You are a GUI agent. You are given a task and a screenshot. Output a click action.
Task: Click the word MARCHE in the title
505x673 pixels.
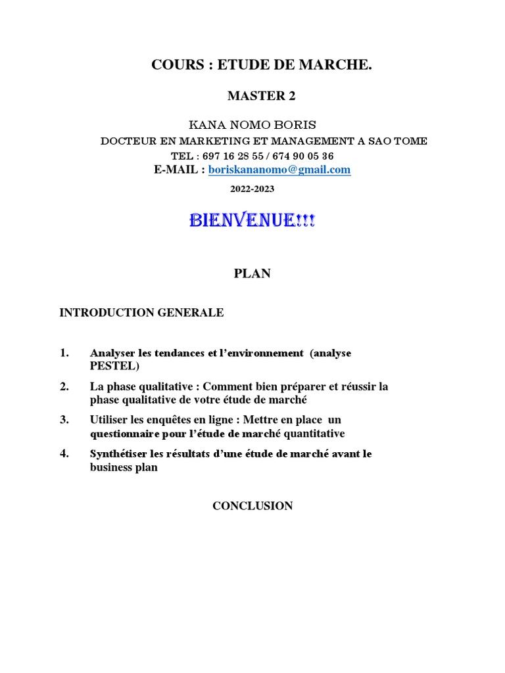pyautogui.click(x=341, y=65)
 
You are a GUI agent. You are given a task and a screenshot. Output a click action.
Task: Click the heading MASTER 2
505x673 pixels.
pyautogui.click(x=261, y=96)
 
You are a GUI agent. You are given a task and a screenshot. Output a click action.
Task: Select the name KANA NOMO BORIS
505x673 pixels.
pyautogui.click(x=252, y=125)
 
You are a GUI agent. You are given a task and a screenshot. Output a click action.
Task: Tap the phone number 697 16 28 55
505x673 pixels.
pyautogui.click(x=231, y=156)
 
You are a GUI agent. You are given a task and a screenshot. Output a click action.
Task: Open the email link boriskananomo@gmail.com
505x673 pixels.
pyautogui.click(x=279, y=170)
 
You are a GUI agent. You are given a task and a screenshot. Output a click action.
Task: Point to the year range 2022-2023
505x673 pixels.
pyautogui.click(x=252, y=189)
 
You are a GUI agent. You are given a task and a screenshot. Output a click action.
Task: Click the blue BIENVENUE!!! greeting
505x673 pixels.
pyautogui.click(x=252, y=221)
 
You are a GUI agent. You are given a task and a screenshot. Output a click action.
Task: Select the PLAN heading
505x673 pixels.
pyautogui.click(x=252, y=274)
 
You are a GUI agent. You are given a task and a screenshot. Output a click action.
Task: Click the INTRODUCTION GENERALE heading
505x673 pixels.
pyautogui.click(x=141, y=313)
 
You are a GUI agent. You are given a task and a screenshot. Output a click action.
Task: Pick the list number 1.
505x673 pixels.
pyautogui.click(x=64, y=353)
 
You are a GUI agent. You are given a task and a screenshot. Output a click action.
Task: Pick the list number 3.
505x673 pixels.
pyautogui.click(x=64, y=419)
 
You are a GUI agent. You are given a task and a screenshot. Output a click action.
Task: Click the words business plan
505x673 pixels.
pyautogui.click(x=124, y=468)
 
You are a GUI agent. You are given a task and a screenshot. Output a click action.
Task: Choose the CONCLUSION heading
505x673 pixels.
pyautogui.click(x=252, y=505)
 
